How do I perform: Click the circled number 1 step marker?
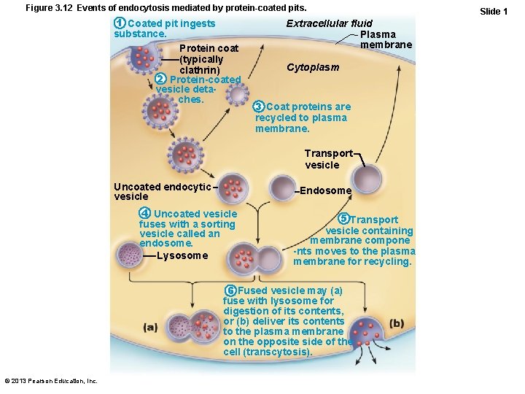[120, 24]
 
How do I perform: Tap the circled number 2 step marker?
[161, 80]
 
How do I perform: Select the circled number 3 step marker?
[259, 107]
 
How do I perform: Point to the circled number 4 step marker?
[145, 214]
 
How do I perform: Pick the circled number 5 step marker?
[343, 220]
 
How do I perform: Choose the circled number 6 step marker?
[230, 290]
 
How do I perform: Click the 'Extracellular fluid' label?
[329, 24]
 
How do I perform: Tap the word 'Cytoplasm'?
[313, 68]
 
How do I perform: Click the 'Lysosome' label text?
[182, 255]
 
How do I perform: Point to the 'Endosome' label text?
[325, 190]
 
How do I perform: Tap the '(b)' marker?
[397, 323]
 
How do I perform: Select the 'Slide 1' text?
[494, 12]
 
